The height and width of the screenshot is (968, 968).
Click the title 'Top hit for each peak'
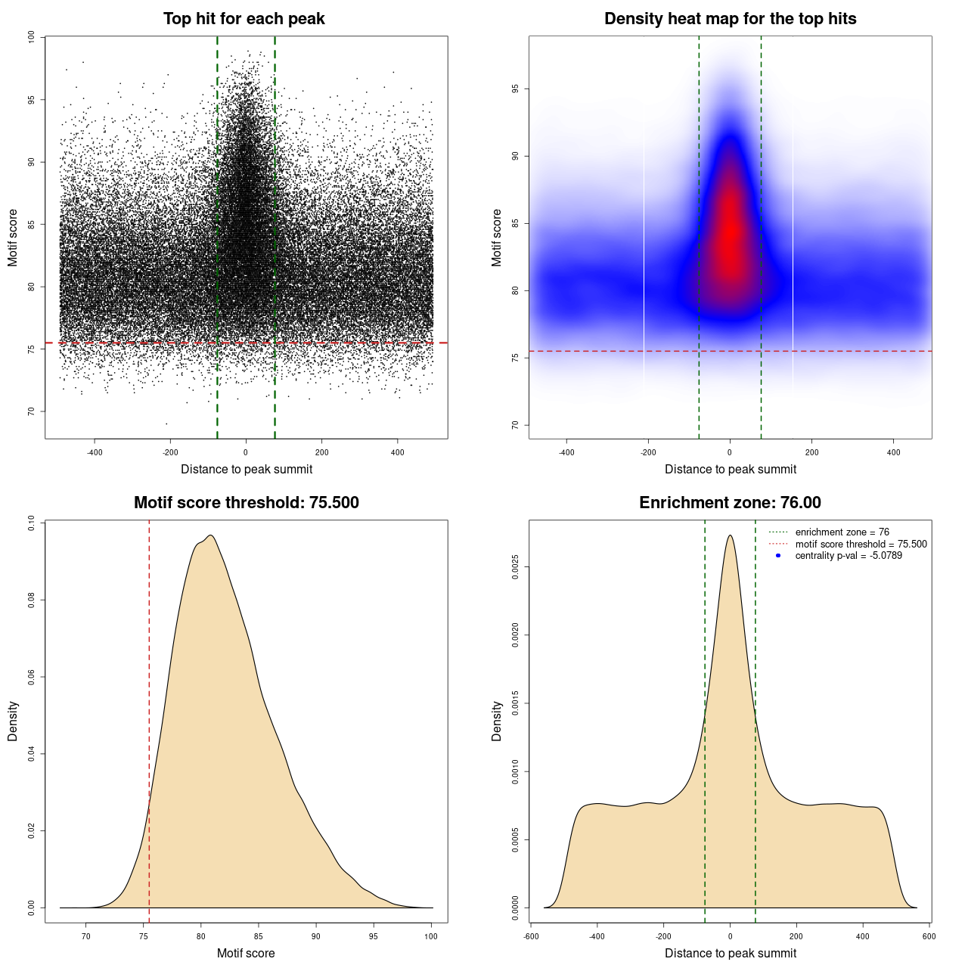pos(244,19)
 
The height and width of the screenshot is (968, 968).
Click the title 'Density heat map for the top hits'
pos(730,19)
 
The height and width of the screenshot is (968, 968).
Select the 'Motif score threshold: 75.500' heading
pos(246,503)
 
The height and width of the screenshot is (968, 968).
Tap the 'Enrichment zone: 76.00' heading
pos(730,503)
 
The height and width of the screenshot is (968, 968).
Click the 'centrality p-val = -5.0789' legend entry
pos(849,556)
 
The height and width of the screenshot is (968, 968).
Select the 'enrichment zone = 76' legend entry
pos(842,532)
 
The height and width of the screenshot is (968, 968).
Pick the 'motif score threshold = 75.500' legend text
pos(861,544)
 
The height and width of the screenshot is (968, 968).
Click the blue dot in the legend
pos(778,556)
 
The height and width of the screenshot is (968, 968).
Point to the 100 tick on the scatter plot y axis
pos(31,37)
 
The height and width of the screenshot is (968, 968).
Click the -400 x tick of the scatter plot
pos(95,452)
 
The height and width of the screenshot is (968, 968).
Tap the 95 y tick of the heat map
pos(515,88)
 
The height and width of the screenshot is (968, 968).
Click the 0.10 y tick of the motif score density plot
pos(31,523)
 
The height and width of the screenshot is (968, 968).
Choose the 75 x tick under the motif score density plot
pos(144,936)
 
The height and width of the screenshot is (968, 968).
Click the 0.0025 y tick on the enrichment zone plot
pos(515,567)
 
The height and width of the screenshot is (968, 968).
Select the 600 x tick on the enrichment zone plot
pos(929,936)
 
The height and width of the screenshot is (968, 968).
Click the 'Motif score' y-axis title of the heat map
pos(497,237)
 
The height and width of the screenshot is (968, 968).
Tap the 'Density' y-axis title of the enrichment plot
pos(497,721)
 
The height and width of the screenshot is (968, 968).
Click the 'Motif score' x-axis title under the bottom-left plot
pos(246,953)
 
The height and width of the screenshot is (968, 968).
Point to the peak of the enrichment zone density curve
pos(730,536)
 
